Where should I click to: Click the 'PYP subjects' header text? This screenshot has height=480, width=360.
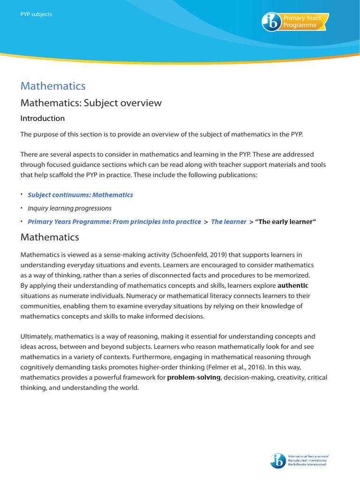[x=36, y=14]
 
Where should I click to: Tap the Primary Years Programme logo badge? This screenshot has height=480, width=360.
[x=295, y=22]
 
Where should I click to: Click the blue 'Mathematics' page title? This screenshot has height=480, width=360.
[x=53, y=86]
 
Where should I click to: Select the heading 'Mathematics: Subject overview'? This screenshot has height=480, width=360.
[x=91, y=103]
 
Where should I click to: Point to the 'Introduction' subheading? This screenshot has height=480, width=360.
[x=43, y=118]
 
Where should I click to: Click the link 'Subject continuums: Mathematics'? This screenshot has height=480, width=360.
[x=80, y=195]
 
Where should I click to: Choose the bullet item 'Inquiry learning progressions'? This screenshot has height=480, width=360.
[x=69, y=208]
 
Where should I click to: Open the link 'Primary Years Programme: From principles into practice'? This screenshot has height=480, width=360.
[x=114, y=222]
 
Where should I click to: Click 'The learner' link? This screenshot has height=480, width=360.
[x=228, y=222]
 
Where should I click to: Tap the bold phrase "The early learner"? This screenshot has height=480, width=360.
[x=285, y=222]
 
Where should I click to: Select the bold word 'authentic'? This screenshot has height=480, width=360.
[x=293, y=285]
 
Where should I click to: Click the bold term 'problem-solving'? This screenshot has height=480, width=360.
[x=194, y=377]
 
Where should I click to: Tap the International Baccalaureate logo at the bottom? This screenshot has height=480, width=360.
[x=300, y=460]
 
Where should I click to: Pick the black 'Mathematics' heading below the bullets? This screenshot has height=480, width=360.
[x=50, y=237]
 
